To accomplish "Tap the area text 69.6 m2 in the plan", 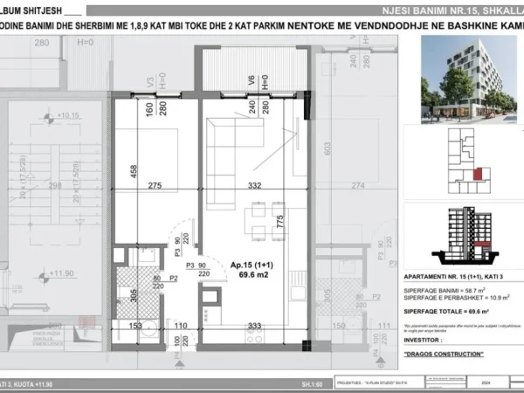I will pos(230,274).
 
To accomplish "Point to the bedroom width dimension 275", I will pos(155,186).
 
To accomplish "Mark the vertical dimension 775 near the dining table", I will pos(280,222).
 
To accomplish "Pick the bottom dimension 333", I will pos(255,326).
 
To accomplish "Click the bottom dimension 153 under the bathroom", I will pos(137,326).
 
